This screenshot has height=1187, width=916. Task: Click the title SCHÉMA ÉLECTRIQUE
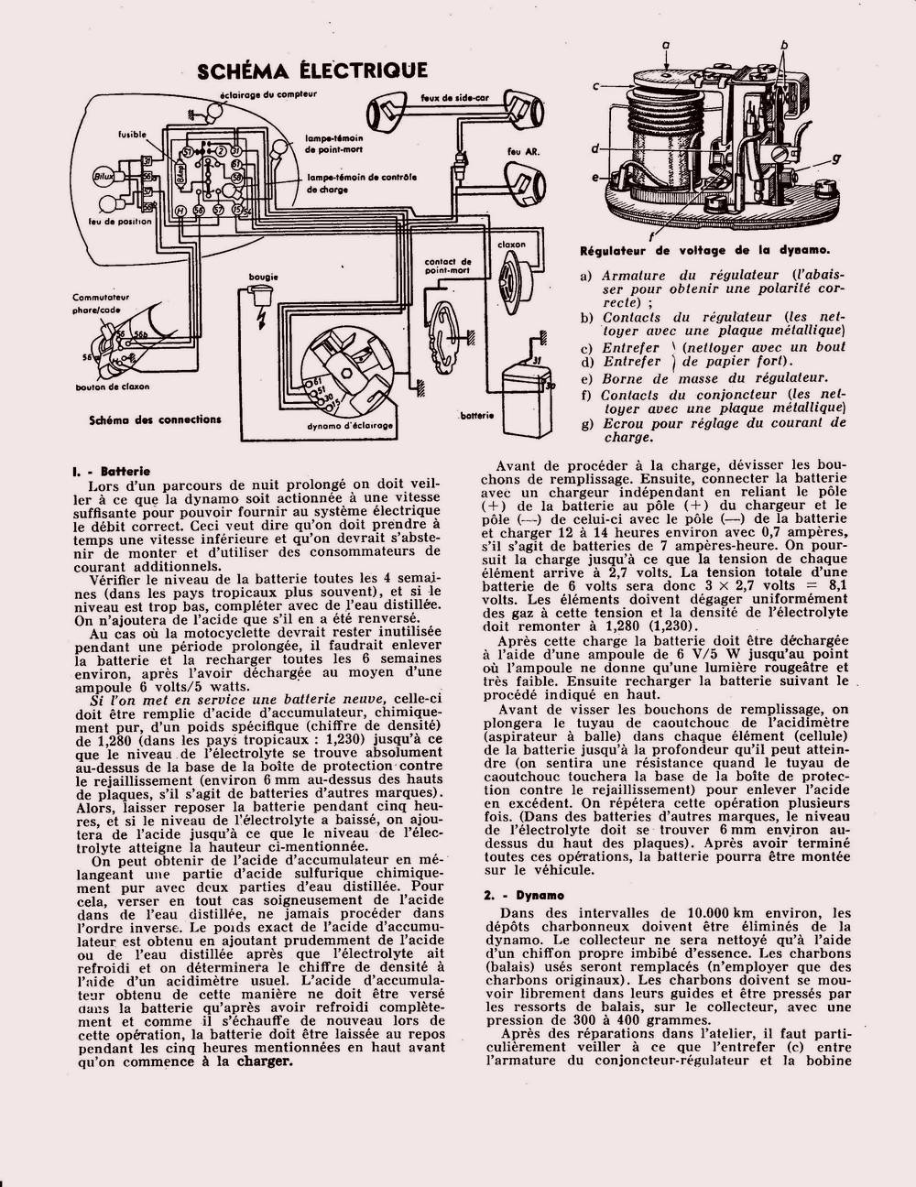click(312, 71)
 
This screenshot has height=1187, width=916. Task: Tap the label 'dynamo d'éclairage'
click(350, 428)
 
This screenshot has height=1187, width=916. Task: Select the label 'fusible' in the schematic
click(132, 135)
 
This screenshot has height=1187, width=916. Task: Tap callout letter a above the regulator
click(666, 43)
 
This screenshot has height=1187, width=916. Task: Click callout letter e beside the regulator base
click(594, 177)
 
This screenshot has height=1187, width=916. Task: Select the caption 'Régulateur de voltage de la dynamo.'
click(705, 249)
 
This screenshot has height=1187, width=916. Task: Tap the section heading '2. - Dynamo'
click(524, 895)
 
